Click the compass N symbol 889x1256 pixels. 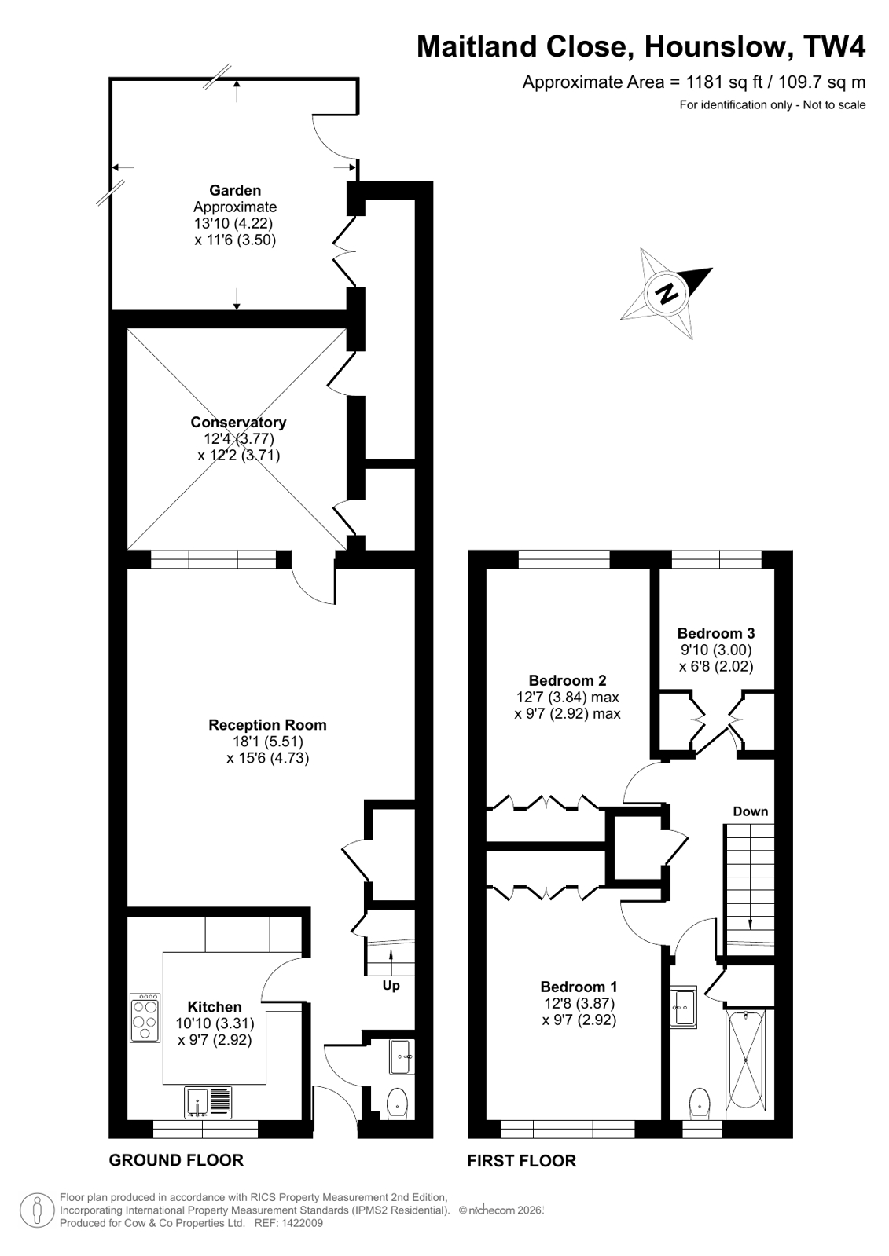tap(667, 294)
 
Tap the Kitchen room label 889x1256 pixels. tap(215, 1007)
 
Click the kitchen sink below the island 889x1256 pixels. tap(209, 1102)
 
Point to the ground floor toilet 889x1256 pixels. tap(398, 1102)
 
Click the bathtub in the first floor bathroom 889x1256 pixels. tap(747, 1061)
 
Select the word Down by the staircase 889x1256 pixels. tap(750, 811)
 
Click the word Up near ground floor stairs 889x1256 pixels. tap(391, 985)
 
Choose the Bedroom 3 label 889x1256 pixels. tap(716, 633)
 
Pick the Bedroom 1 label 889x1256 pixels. tap(579, 987)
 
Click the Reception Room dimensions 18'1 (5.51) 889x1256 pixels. tap(267, 742)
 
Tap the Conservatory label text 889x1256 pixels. tap(238, 423)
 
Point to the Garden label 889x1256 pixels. tap(235, 190)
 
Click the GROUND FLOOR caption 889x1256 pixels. tap(176, 1159)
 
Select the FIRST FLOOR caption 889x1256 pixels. tap(522, 1160)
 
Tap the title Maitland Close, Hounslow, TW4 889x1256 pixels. tap(641, 47)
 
